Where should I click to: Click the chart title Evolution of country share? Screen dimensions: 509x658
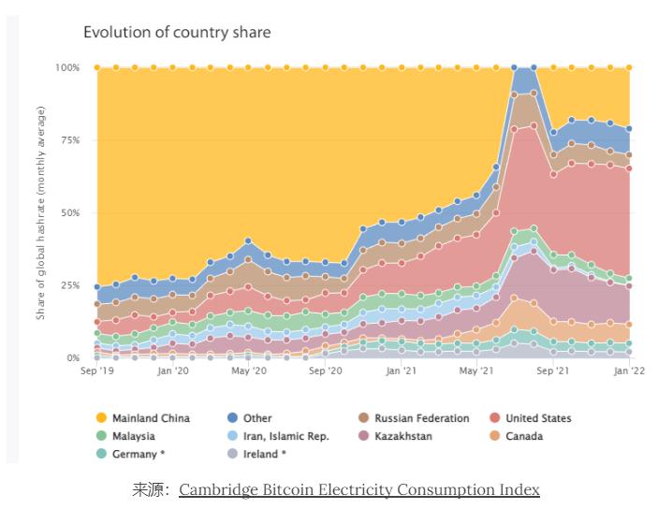177,33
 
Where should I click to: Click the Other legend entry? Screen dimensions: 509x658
257,418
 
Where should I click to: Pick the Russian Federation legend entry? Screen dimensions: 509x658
420,418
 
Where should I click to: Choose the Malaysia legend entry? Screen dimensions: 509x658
133,436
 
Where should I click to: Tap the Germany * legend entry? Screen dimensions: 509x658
139,454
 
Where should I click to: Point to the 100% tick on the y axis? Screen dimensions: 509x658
67,67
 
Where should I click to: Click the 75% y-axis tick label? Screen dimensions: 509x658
70,140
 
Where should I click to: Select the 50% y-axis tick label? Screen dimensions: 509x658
70,213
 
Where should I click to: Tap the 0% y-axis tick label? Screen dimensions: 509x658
73,358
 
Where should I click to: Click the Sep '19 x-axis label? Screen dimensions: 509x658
97,371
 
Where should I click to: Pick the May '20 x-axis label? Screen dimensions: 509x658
248,371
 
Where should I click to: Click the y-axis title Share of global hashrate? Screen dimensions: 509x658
41,213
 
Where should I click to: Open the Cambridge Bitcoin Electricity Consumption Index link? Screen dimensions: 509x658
358,489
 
